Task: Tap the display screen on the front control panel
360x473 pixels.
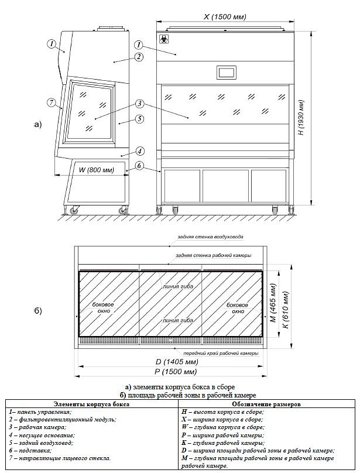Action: pos(226,73)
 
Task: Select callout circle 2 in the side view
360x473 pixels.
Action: pos(139,57)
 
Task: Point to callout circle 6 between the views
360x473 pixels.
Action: pos(139,166)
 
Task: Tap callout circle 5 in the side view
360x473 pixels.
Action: pos(139,119)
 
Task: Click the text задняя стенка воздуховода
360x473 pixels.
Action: pos(202,236)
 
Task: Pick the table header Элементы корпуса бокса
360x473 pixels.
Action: pos(91,404)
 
